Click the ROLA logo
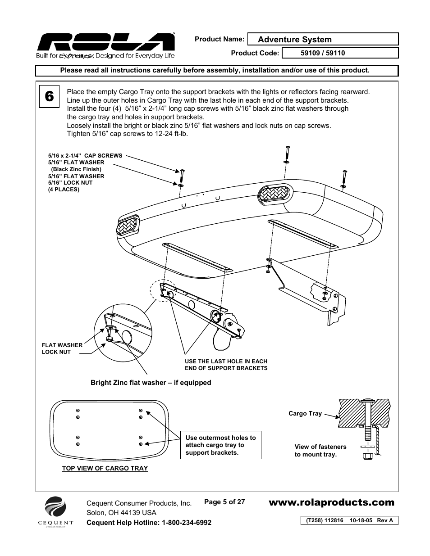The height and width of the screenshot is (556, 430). pos(105,43)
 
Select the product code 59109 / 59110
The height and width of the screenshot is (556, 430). pos(323,53)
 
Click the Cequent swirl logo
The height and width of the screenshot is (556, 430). pos(55,508)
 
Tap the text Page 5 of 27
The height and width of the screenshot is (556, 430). pos(224,502)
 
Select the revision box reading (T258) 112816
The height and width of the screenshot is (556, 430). pos(349,520)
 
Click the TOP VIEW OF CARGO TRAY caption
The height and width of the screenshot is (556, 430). pos(105,468)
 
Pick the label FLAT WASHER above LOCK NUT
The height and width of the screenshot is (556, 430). pos(62,345)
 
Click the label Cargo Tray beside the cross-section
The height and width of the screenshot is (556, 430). pos(305,413)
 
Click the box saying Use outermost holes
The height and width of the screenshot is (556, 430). pos(220,445)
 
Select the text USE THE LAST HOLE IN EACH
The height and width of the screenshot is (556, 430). pos(226,361)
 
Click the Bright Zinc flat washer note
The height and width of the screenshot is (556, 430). pos(151,383)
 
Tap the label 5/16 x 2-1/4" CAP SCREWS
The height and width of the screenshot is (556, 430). pos(85,156)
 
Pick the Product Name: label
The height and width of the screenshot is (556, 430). pos(219,39)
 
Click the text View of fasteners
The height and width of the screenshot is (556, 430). pos(320,447)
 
